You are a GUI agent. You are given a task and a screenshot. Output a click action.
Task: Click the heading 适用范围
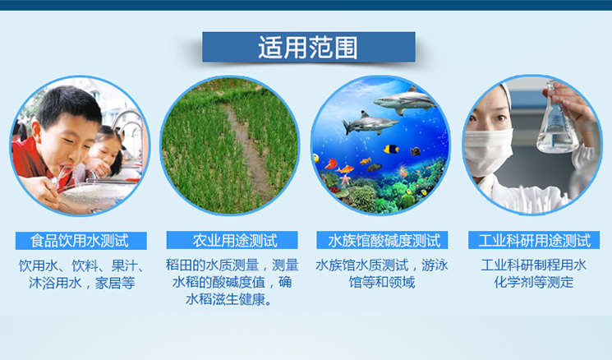pyautogui.click(x=308, y=48)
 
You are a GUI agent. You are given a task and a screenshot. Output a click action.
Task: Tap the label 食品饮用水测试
pyautogui.click(x=80, y=241)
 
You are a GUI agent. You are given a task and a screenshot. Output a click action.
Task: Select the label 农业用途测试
pyautogui.click(x=235, y=241)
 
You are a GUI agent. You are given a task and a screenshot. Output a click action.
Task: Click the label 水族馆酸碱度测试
pyautogui.click(x=384, y=241)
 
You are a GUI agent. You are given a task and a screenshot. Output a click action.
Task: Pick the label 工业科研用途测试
pyautogui.click(x=534, y=241)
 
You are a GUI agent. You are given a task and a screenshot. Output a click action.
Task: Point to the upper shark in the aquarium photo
pyautogui.click(x=404, y=100)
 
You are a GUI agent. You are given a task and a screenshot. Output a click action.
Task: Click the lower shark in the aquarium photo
pyautogui.click(x=369, y=123)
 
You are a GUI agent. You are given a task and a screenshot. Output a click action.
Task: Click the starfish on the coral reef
pyautogui.click(x=345, y=180)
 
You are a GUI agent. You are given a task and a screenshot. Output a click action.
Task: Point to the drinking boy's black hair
pyautogui.click(x=67, y=104)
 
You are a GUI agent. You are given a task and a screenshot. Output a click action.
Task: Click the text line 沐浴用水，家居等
pyautogui.click(x=81, y=283)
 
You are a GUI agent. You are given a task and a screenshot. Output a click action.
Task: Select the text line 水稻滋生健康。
pyautogui.click(x=229, y=299)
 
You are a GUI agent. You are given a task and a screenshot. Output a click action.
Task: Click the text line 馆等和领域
pyautogui.click(x=382, y=282)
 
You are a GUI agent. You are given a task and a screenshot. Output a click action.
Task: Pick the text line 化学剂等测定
pyautogui.click(x=533, y=282)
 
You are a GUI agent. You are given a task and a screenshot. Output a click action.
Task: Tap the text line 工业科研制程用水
pyautogui.click(x=533, y=265)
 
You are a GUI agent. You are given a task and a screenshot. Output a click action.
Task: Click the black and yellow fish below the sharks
pyautogui.click(x=391, y=149)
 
